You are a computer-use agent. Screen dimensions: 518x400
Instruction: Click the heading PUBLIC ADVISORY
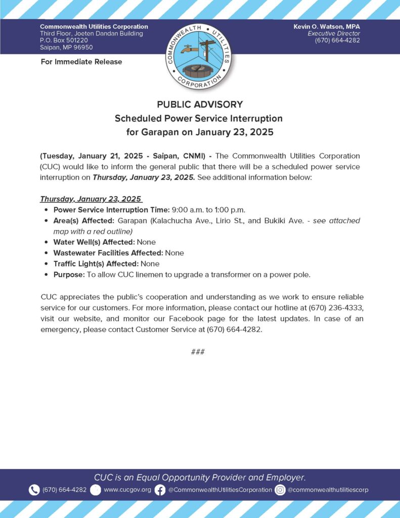pyautogui.click(x=200, y=105)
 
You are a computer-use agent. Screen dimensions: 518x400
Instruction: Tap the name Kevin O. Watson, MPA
pyautogui.click(x=327, y=26)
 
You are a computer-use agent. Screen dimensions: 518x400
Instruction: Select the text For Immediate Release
pyautogui.click(x=81, y=62)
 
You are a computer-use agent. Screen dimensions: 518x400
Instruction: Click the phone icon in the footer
pyautogui.click(x=34, y=490)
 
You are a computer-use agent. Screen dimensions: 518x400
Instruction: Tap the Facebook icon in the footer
pyautogui.click(x=160, y=490)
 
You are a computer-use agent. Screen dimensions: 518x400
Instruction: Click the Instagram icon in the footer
pyautogui.click(x=280, y=490)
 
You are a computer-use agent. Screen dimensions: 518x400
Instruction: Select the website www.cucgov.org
pyautogui.click(x=127, y=490)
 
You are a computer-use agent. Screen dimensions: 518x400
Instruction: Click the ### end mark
pyautogui.click(x=198, y=352)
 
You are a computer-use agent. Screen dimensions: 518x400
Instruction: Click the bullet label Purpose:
pyautogui.click(x=69, y=275)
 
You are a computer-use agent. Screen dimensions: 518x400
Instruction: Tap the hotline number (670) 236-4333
pyautogui.click(x=337, y=308)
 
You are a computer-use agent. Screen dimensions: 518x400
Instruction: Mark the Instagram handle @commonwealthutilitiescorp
pyautogui.click(x=328, y=490)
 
